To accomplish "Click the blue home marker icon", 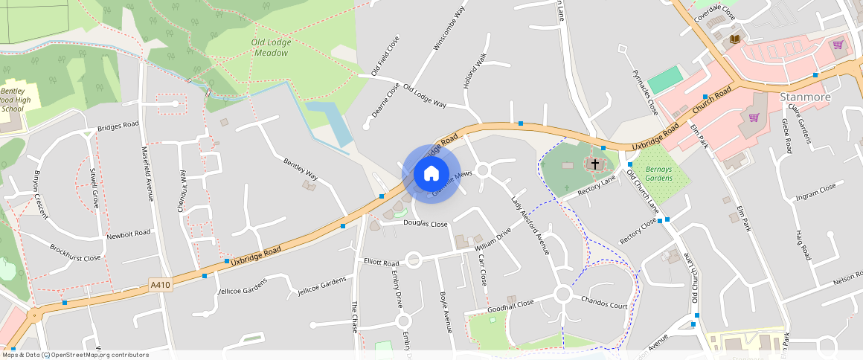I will (x=431, y=174).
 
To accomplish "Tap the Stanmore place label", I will (x=804, y=97).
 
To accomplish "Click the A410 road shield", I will (x=161, y=285).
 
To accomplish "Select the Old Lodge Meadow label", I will (x=272, y=48).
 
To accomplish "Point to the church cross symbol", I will (x=595, y=163).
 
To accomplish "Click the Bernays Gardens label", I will (x=658, y=173).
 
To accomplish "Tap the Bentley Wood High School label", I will (x=14, y=100).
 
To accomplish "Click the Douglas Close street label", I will (x=426, y=224).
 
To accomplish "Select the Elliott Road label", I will (x=382, y=263).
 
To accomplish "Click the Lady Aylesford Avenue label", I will (x=530, y=225).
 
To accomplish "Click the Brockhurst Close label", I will (x=75, y=253).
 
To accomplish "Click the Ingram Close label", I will (x=816, y=192).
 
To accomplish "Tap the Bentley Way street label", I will (x=301, y=169).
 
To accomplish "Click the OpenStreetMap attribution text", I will (x=74, y=355).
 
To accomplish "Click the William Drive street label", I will (x=493, y=240).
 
